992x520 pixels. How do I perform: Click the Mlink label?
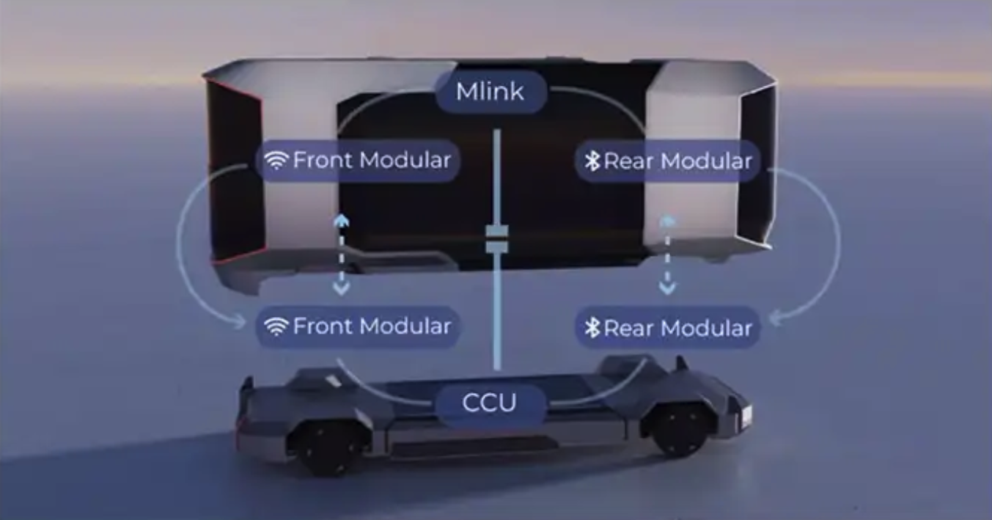point(491,92)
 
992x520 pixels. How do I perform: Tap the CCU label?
point(490,403)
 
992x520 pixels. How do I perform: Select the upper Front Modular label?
point(359,160)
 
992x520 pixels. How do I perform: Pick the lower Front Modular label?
point(359,326)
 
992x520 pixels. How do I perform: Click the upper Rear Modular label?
point(667,161)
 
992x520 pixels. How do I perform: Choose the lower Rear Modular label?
point(667,327)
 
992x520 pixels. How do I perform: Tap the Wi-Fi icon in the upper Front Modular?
point(276,161)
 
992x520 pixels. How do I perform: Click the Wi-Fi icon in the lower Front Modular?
point(276,327)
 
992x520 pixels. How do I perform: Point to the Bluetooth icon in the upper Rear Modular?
point(592,161)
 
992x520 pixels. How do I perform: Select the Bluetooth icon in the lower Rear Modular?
point(592,328)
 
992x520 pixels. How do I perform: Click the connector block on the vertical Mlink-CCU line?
point(496,240)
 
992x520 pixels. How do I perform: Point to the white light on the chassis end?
point(746,415)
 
